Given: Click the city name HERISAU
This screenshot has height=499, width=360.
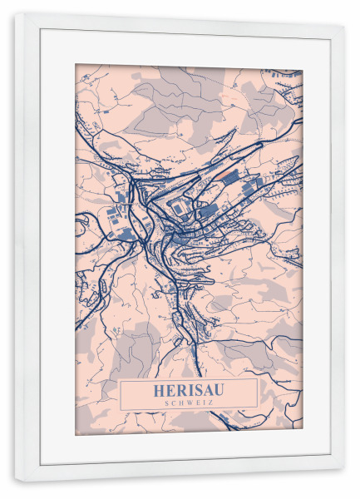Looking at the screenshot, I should coord(189,389).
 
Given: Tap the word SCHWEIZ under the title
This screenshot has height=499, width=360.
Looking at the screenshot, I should coord(189,402).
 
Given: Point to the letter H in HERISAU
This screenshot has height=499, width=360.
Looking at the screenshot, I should coord(160,389).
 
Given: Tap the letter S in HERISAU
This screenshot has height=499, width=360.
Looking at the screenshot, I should coord(196,389).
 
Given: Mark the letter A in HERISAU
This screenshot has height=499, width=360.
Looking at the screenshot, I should coord(206,389).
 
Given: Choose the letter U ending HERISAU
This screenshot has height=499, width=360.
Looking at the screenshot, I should coord(217,389).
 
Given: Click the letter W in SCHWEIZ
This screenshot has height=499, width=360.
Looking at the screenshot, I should coord(189,402).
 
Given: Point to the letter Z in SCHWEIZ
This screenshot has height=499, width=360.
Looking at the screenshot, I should coord(210,402).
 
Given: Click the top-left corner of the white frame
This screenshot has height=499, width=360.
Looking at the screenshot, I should coord(15,14).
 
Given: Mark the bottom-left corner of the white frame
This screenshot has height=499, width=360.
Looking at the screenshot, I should coord(15,482).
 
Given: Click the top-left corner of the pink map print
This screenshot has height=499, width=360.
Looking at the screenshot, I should coord(76,65).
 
